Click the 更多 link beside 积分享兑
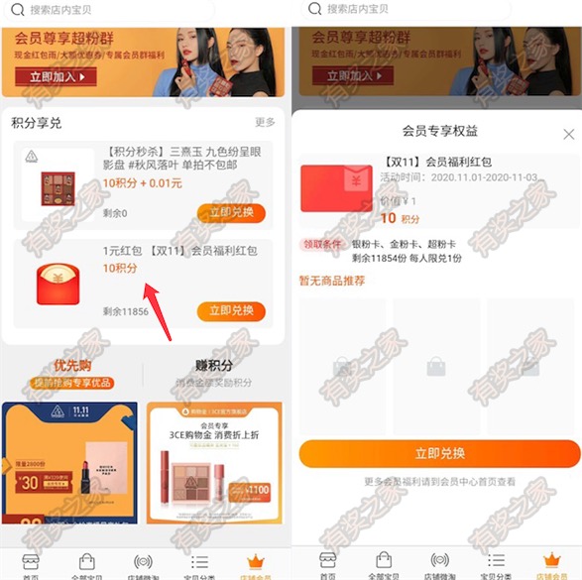[265, 122]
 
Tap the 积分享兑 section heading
[37, 123]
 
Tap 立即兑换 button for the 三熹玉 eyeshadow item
[231, 212]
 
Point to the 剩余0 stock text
[118, 213]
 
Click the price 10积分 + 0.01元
[143, 183]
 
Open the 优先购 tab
[73, 365]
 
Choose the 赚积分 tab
[214, 365]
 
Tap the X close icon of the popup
[568, 134]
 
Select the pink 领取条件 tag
[321, 244]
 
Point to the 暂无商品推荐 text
[332, 281]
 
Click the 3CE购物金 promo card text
[214, 432]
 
